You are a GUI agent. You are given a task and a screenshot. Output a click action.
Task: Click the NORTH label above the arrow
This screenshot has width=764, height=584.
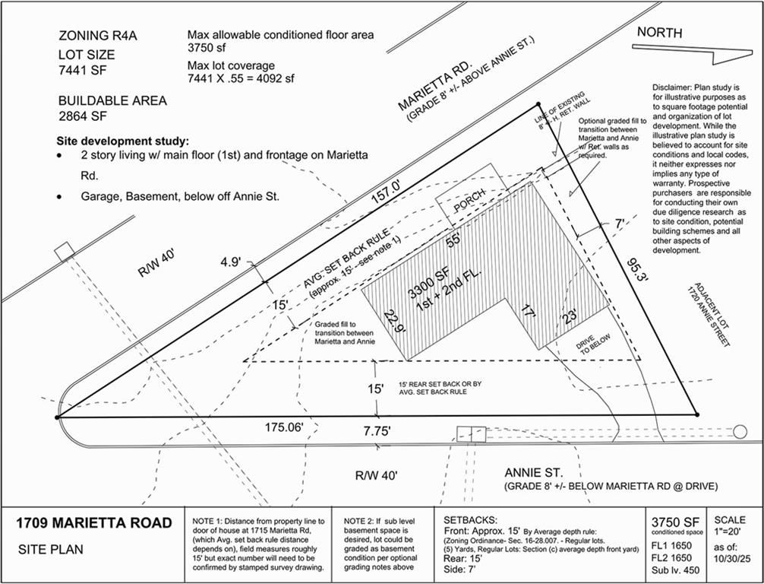660,33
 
